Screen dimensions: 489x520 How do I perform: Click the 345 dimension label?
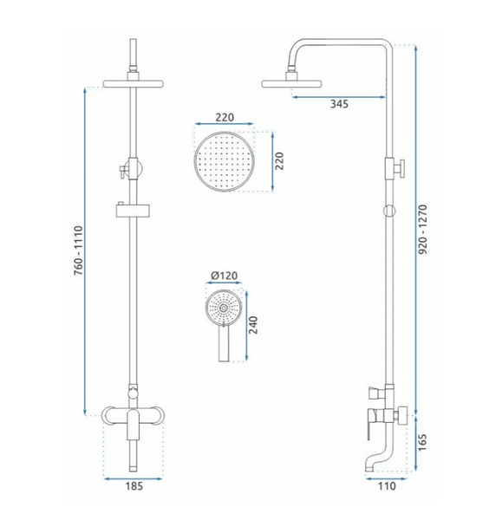pos(339,104)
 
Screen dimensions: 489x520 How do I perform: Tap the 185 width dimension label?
pos(134,486)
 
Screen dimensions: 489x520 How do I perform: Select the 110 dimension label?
pos(387,486)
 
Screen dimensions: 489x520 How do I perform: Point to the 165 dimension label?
pos(422,442)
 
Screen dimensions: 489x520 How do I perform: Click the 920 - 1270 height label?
pos(422,230)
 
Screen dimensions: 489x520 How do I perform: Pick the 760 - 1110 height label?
pos(78,250)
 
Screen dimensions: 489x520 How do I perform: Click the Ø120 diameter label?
pos(225,276)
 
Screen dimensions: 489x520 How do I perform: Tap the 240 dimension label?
pos(253,325)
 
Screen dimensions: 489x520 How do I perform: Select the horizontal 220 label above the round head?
pos(225,117)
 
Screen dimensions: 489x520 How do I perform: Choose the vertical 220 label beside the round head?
pos(280,161)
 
